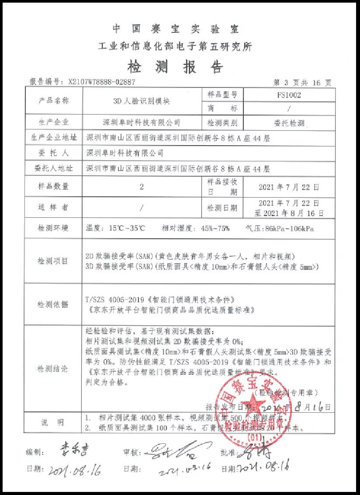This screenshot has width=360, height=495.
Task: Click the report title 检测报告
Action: coord(175,66)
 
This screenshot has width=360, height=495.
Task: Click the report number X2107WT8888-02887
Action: coord(102,82)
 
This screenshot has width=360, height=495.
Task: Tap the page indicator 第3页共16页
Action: coord(302,82)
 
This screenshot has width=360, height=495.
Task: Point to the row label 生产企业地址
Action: coord(53,138)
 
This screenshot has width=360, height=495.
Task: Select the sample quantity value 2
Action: coord(141,187)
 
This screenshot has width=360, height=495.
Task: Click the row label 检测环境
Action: coord(53,228)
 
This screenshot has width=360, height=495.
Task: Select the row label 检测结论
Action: coord(53,369)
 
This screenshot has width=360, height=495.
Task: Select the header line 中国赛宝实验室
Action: coord(175,29)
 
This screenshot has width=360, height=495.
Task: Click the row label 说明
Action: coord(53,422)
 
